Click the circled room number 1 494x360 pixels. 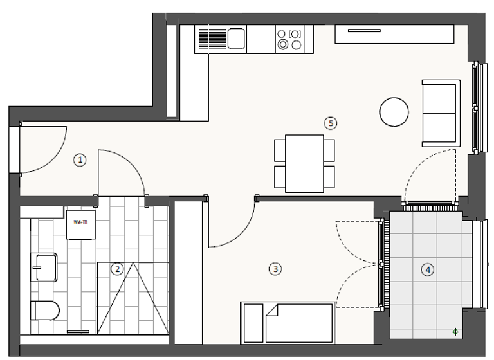pos(80,160)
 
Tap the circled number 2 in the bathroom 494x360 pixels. pos(117,269)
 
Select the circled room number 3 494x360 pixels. pos(275,269)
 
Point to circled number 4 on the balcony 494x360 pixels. pos(428,269)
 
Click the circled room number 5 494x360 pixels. pos(331,122)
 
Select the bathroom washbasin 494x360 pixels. pos(44,267)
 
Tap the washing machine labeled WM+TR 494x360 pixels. pos(81,223)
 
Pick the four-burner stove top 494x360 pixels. pos(289,39)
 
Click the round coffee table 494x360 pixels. pos(394,112)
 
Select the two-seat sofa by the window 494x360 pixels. pos(441,113)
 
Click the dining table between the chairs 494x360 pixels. pos(304,163)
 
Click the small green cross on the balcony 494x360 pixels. pos(455,332)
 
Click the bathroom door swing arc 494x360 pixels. pos(126,170)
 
